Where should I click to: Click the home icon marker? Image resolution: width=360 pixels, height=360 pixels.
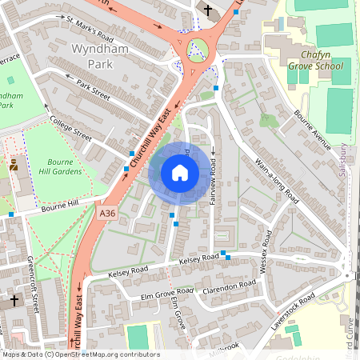click(180, 173)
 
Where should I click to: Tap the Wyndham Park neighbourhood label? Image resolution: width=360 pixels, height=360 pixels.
click(100, 56)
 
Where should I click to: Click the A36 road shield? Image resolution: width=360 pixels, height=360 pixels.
click(109, 214)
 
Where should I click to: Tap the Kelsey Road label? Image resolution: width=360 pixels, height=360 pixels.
click(199, 259)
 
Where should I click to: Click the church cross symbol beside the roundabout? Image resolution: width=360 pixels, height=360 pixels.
click(208, 10)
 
